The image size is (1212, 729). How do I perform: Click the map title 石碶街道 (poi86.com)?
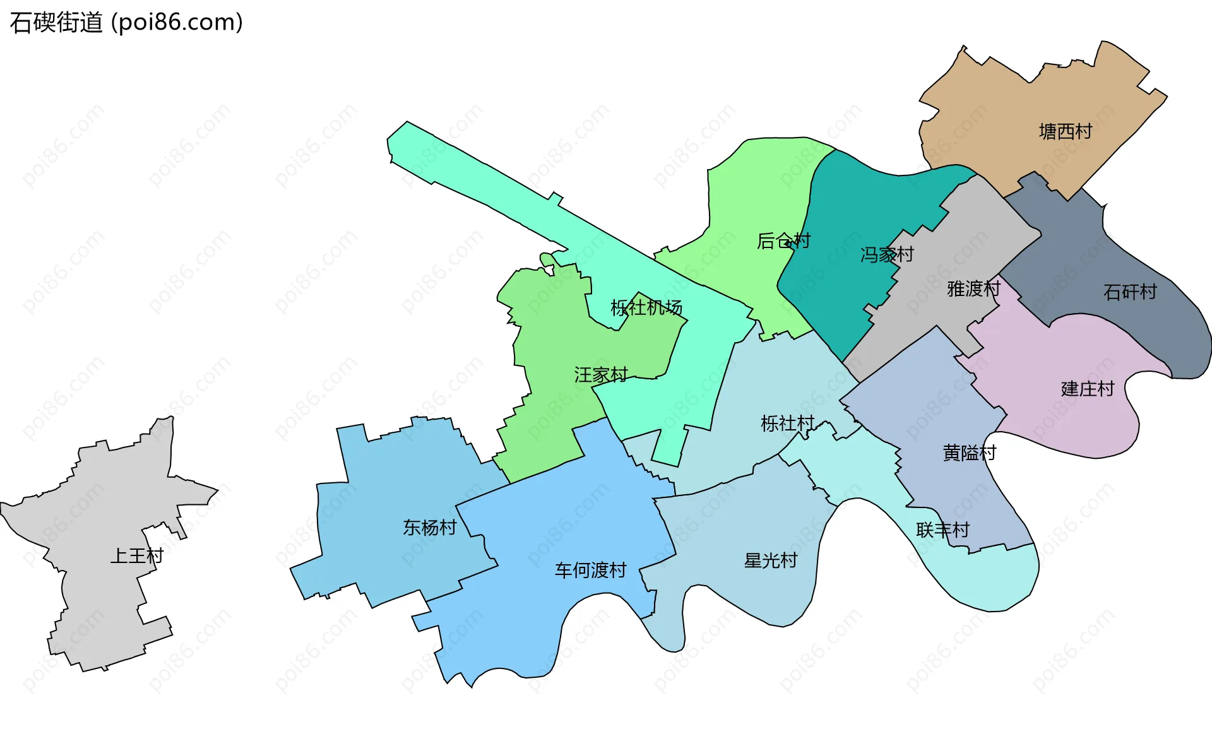(x=126, y=23)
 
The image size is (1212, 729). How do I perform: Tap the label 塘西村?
(x=1066, y=132)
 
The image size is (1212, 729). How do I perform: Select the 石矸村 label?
(x=1130, y=292)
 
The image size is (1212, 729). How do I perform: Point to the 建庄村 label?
(x=1088, y=389)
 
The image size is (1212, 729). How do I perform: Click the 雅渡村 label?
(x=973, y=289)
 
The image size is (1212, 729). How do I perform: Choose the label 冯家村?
(x=887, y=255)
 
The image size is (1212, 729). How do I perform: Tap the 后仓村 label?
(x=783, y=241)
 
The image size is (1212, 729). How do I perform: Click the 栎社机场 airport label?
(x=646, y=308)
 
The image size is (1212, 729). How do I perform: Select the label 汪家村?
(x=601, y=375)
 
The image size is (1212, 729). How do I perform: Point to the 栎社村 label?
(x=787, y=424)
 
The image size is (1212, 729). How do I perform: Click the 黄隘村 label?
(x=969, y=453)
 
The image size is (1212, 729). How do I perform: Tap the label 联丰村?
(x=942, y=530)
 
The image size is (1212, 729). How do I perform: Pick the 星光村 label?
(x=771, y=560)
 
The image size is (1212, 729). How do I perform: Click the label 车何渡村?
(x=590, y=571)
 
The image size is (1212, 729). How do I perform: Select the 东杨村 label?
(x=430, y=528)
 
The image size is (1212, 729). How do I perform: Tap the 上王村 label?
(x=137, y=556)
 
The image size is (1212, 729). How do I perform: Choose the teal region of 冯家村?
(x=846, y=208)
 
